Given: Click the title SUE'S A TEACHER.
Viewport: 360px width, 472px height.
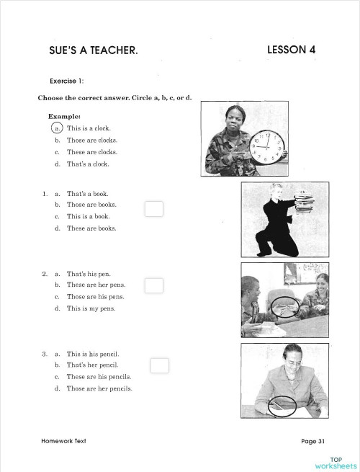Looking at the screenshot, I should (93, 50).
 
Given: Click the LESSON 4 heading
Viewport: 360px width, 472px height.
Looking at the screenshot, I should (291, 50).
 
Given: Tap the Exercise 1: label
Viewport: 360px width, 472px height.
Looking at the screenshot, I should (67, 81).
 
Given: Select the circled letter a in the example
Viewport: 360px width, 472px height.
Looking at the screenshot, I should (57, 128).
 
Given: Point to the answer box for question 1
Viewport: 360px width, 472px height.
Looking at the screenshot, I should (154, 209).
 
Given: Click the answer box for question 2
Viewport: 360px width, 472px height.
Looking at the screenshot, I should (154, 285).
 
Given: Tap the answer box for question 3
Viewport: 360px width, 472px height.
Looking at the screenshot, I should (160, 365).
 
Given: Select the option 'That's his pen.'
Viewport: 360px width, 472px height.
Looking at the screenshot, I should (89, 274).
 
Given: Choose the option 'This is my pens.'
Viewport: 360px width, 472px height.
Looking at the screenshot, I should (91, 308).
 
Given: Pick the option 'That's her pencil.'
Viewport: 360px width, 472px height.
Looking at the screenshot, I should (92, 365).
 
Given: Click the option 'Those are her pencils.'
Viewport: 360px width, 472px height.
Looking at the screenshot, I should (99, 388).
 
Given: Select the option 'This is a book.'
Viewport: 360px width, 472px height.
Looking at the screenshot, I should (88, 216).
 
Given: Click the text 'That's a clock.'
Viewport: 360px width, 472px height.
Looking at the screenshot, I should (88, 164).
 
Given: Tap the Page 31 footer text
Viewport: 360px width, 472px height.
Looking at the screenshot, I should (313, 441).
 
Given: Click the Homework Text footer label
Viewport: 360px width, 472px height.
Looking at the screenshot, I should (63, 441).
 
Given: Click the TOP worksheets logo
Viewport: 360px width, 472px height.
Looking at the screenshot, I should (336, 463).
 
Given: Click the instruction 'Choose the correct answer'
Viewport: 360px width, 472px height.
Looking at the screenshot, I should (119, 97).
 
